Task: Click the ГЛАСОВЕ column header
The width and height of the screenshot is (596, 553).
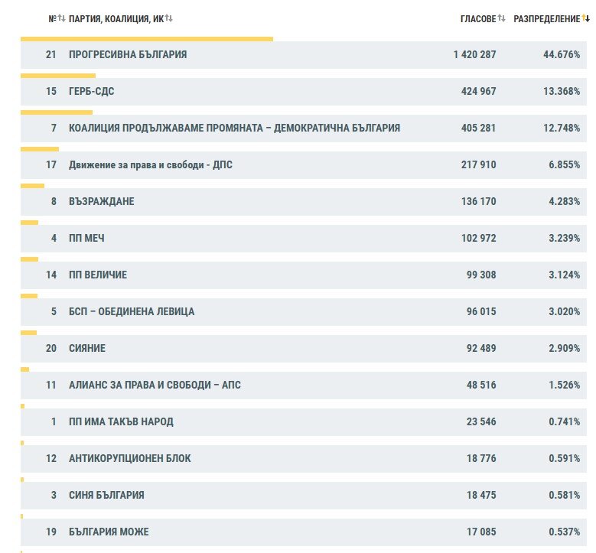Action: click(x=478, y=18)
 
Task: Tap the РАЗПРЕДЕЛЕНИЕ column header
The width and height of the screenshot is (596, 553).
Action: click(x=546, y=18)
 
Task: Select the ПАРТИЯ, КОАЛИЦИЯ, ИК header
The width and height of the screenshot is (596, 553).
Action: click(x=116, y=19)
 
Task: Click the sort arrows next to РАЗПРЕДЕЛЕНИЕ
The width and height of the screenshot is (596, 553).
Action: click(x=586, y=18)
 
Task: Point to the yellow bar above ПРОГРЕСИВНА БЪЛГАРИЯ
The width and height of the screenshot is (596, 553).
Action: click(x=147, y=39)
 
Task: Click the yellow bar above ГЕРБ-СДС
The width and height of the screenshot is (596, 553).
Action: click(x=58, y=76)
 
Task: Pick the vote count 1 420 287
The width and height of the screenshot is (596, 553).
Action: click(x=475, y=55)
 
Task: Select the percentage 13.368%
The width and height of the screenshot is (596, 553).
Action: click(x=562, y=91)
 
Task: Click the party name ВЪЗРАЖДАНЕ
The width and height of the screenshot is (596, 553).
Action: click(x=102, y=201)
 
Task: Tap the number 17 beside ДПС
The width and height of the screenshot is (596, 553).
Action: click(x=51, y=164)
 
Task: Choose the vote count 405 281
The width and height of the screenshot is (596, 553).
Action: click(x=478, y=128)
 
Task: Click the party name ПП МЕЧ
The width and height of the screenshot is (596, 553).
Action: click(x=86, y=239)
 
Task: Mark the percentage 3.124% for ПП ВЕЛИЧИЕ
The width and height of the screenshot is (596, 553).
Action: click(x=564, y=275)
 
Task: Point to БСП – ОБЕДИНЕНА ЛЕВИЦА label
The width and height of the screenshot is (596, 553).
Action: click(x=132, y=311)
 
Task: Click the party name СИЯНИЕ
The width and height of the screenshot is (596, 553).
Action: click(x=87, y=348)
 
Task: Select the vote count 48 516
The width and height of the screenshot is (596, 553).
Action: click(x=481, y=385)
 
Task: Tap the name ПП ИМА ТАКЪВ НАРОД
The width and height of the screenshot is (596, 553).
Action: click(x=121, y=422)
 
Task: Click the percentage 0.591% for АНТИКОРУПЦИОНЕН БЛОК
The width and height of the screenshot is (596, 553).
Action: click(x=564, y=458)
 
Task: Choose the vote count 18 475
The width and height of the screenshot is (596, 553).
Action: click(x=481, y=495)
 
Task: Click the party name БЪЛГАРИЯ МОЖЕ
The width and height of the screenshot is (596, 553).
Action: click(x=109, y=532)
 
